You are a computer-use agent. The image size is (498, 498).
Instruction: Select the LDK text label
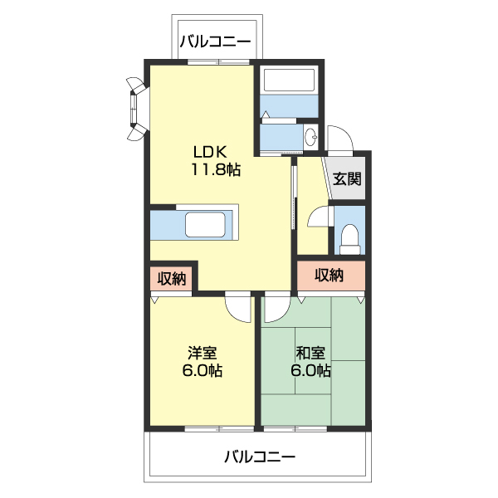(x=211, y=153)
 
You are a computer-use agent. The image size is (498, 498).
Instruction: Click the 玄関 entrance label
(x=347, y=178)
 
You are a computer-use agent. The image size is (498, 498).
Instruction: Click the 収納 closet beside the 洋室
(x=172, y=279)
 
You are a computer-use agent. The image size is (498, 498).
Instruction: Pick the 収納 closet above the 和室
(x=330, y=276)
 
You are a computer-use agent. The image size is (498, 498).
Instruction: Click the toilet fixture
(x=349, y=238)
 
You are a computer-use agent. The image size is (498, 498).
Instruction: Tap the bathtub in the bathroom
(x=287, y=81)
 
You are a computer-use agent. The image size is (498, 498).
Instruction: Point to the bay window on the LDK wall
(x=136, y=106)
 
